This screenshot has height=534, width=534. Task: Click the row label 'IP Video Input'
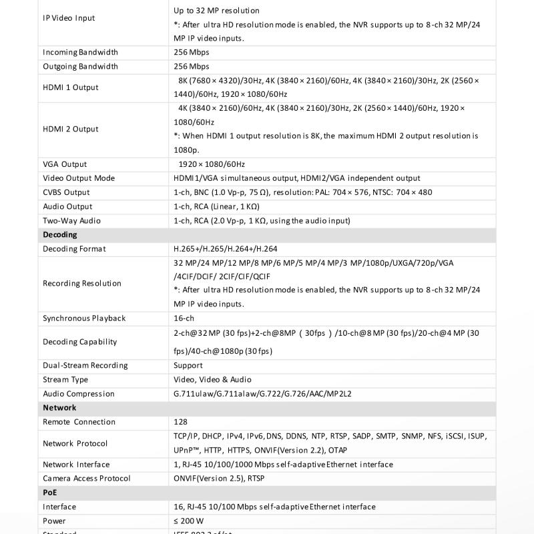tap(69, 18)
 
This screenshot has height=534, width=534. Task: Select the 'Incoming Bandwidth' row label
tap(80, 52)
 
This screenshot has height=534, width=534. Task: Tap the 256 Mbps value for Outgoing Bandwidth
tap(192, 66)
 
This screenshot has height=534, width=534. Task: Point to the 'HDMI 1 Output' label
tap(70, 87)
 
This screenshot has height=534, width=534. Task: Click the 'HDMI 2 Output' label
tap(70, 129)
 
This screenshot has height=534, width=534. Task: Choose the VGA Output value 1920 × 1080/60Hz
tap(212, 164)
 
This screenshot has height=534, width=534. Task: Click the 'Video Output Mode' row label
tap(79, 178)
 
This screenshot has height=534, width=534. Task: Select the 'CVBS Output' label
tap(66, 192)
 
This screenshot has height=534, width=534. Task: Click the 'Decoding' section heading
tap(60, 234)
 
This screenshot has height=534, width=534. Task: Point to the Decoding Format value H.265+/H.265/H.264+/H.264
tap(225, 249)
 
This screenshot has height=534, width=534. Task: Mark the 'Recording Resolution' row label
tap(82, 284)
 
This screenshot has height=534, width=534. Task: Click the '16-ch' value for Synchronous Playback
tap(184, 318)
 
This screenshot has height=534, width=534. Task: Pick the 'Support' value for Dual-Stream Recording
tap(188, 365)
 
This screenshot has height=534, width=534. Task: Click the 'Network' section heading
tap(59, 407)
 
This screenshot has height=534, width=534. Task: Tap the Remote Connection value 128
tap(180, 422)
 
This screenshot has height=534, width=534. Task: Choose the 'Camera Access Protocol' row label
tap(87, 478)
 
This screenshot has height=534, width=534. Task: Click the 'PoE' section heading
tap(50, 492)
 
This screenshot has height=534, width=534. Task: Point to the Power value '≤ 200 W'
tap(189, 521)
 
